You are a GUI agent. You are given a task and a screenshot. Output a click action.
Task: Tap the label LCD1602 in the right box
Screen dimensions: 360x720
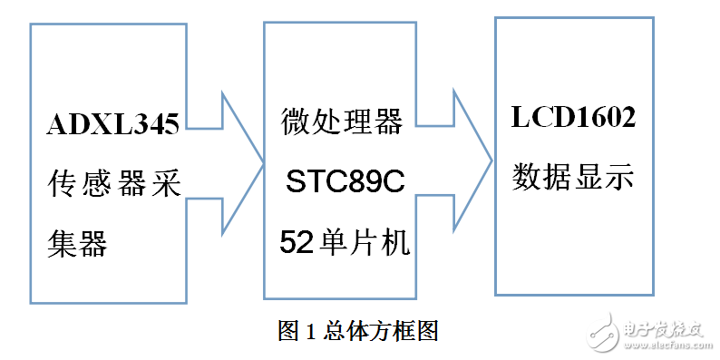pos(573,119)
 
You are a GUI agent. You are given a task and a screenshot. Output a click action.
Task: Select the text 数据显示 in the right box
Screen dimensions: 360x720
pos(572,173)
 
